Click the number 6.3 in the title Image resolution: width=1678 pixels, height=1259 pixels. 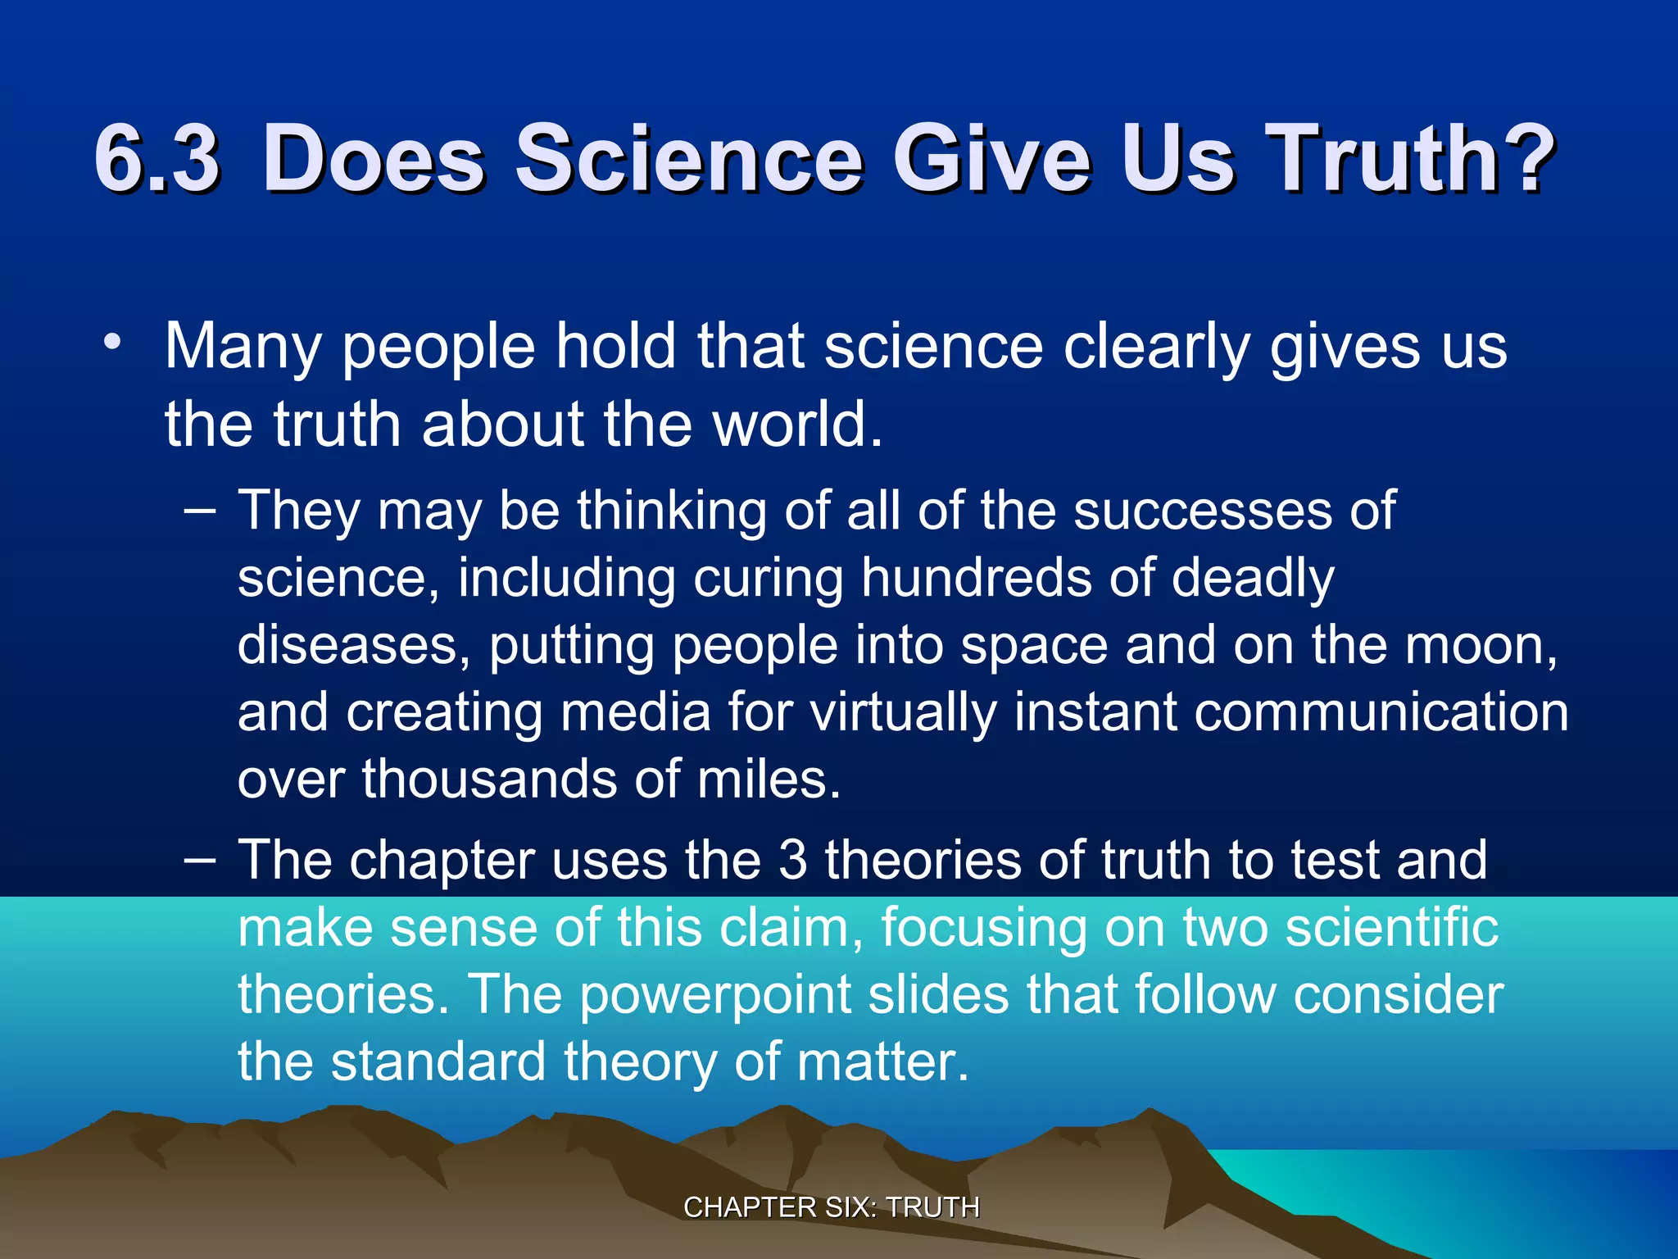157,158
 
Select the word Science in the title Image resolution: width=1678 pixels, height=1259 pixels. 689,158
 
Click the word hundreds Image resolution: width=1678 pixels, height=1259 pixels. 977,579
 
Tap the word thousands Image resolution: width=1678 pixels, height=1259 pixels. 490,779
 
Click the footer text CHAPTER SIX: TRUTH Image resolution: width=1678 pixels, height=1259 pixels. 832,1207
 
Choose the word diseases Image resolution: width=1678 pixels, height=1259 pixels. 348,646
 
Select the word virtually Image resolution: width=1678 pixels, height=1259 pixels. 903,712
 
